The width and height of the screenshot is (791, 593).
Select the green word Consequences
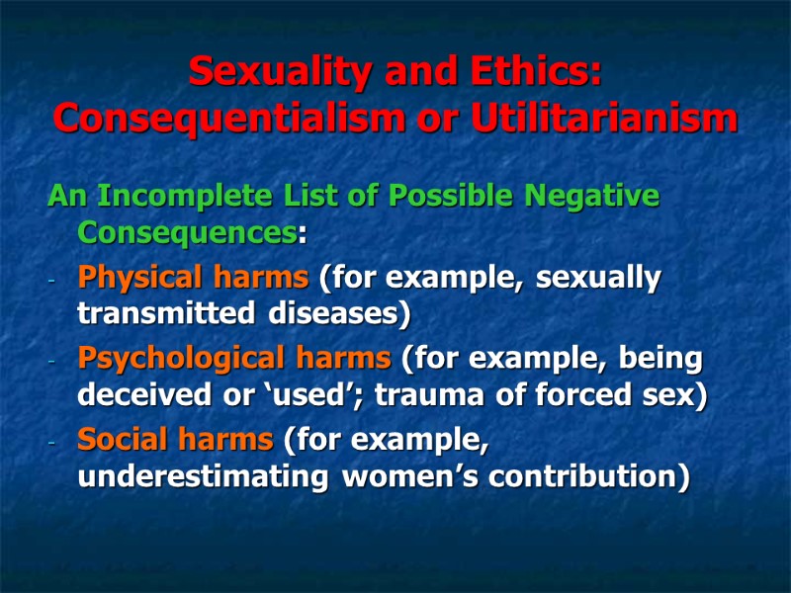(186, 235)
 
